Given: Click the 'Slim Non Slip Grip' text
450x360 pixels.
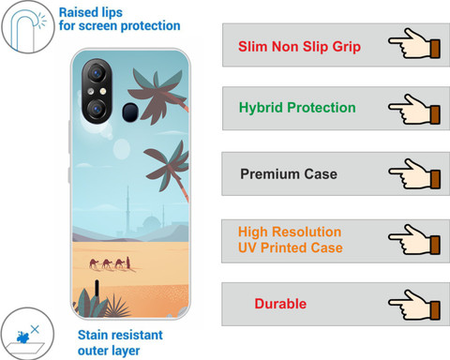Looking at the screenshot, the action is click(x=299, y=47).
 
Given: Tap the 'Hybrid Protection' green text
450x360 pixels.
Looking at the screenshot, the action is click(x=297, y=108).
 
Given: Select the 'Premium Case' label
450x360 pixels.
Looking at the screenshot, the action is click(x=289, y=174).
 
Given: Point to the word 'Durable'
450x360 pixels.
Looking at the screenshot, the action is click(x=280, y=304).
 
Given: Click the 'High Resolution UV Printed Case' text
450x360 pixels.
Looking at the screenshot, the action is click(x=291, y=240).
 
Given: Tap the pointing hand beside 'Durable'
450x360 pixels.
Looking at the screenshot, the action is click(x=414, y=305).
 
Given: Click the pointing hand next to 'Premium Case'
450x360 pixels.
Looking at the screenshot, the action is click(x=414, y=173).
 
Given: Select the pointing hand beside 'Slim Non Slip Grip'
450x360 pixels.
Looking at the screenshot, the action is click(x=414, y=43).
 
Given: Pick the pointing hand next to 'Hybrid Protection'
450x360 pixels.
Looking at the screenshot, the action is click(x=414, y=109).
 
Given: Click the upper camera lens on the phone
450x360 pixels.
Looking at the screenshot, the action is click(x=97, y=73).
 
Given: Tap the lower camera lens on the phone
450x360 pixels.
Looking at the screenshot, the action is click(x=97, y=109).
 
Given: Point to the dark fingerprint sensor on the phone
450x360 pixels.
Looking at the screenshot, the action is click(x=130, y=112).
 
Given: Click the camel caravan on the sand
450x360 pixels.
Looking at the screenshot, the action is click(x=110, y=263).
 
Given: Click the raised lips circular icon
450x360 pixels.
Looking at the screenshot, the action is click(x=28, y=27).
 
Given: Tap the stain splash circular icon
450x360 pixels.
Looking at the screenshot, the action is click(x=27, y=334).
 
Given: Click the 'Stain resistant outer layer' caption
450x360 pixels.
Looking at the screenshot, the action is click(x=120, y=343).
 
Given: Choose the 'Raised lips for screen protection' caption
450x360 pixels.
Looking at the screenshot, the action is click(x=120, y=20).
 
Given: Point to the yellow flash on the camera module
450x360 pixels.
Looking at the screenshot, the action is click(x=103, y=91).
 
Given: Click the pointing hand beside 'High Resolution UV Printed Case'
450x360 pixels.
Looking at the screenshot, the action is click(x=414, y=239).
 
